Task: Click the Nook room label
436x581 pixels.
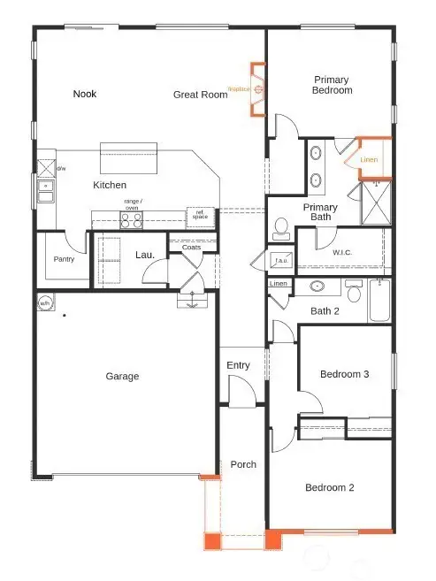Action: click(x=85, y=94)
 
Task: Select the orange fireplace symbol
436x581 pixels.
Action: click(x=257, y=89)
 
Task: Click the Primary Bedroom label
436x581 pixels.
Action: click(x=333, y=85)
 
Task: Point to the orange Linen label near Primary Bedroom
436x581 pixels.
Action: click(x=369, y=158)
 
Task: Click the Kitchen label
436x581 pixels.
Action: click(x=110, y=186)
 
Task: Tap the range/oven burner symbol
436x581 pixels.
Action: click(x=131, y=219)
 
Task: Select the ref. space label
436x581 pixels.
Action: click(x=200, y=214)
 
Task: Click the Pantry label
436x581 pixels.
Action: click(x=63, y=259)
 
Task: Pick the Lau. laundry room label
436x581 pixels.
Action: click(x=145, y=256)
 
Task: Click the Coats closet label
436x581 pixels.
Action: click(x=191, y=248)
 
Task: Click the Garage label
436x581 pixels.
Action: click(x=122, y=377)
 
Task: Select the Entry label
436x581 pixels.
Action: click(x=238, y=365)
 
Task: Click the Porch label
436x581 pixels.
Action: click(x=243, y=464)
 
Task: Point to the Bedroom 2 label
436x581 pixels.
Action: click(x=330, y=487)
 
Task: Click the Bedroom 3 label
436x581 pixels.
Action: click(x=344, y=374)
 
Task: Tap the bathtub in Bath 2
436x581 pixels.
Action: click(x=381, y=301)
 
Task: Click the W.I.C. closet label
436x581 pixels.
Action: click(x=343, y=252)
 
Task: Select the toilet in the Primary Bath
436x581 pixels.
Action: click(x=281, y=230)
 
